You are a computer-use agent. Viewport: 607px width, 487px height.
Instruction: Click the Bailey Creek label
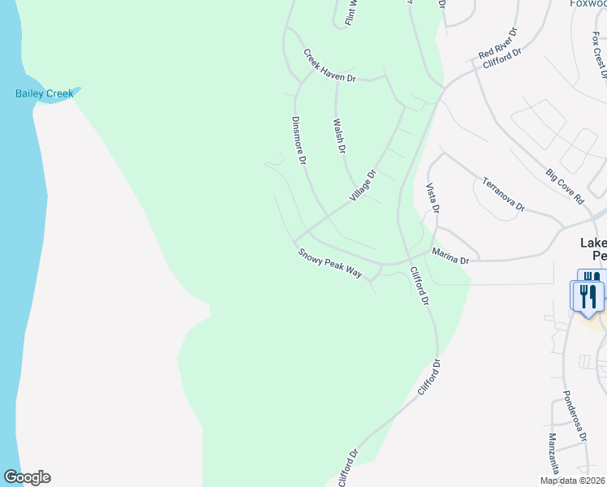[44, 93]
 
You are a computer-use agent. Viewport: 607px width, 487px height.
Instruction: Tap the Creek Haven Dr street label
[329, 66]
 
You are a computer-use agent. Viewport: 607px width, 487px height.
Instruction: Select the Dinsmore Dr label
[299, 140]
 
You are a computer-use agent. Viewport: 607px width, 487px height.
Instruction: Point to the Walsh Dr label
[339, 136]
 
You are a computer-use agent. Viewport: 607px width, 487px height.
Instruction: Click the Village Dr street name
[364, 185]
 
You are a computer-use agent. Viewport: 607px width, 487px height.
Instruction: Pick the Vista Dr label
[433, 197]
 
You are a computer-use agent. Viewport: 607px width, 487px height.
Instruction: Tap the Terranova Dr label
[503, 195]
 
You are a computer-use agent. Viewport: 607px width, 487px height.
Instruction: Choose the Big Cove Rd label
[565, 186]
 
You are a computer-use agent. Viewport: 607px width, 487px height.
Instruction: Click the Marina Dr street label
[450, 256]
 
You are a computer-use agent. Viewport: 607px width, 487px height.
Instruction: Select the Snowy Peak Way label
[329, 261]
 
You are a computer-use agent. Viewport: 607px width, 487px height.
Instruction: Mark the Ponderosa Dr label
[575, 418]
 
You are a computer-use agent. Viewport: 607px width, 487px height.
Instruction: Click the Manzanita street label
[552, 454]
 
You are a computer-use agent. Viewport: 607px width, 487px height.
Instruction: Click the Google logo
[27, 477]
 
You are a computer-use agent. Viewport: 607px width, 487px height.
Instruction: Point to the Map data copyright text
[573, 481]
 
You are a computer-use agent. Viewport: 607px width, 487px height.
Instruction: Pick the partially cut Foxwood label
[587, 3]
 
